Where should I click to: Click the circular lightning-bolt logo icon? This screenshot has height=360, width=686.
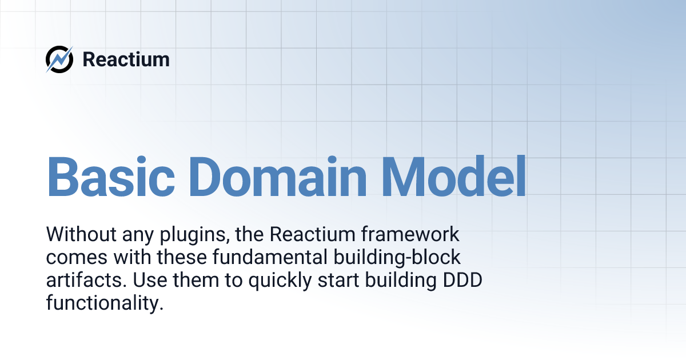[x=59, y=59]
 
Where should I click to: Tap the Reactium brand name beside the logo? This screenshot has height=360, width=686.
[x=126, y=59]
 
